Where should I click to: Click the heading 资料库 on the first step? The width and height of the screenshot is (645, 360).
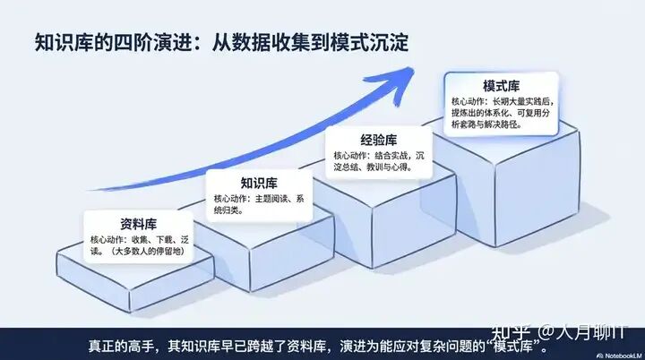click(x=139, y=224)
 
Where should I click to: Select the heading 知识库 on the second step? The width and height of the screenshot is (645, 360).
click(x=259, y=183)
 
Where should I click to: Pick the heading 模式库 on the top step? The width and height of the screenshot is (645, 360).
click(x=503, y=86)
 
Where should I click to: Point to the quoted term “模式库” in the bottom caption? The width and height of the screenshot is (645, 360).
click(x=506, y=344)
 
